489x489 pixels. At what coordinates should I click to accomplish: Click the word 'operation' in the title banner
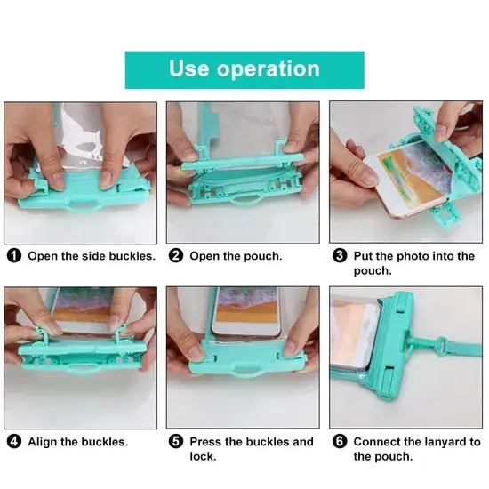point(269,70)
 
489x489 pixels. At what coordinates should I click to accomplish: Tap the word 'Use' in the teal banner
point(189,68)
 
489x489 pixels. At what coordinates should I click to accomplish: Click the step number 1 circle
point(14,256)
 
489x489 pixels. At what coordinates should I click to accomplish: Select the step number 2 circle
point(176,256)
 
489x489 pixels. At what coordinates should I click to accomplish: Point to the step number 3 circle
point(340,256)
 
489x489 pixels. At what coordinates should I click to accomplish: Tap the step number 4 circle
point(14,442)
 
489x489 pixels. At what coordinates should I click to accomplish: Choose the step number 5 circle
point(176,442)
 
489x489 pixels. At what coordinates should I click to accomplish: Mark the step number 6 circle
point(340,442)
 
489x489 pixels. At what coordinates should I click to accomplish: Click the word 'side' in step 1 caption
point(92,256)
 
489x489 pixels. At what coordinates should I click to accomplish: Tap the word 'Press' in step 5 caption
point(205,442)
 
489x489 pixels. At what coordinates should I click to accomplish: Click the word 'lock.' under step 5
point(203,457)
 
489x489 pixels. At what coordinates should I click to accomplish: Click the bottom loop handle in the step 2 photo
point(246,201)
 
